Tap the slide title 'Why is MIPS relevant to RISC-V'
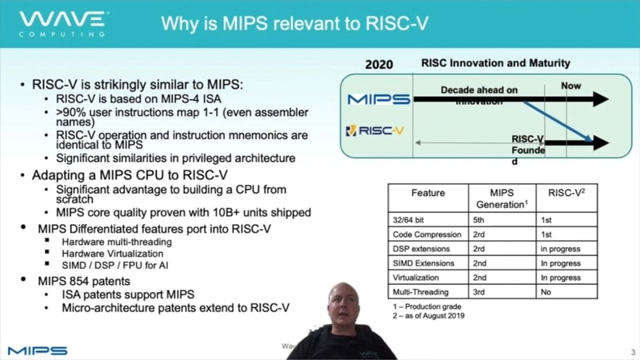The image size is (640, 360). [x=294, y=23]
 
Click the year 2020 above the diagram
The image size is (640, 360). [x=378, y=64]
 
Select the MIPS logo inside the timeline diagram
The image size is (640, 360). [x=378, y=99]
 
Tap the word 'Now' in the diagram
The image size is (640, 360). [x=571, y=86]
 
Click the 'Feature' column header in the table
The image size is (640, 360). [x=428, y=193]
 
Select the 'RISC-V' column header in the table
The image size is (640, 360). [x=567, y=193]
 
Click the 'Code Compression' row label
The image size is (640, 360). [x=427, y=234]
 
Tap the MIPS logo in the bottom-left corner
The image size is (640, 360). [x=38, y=350]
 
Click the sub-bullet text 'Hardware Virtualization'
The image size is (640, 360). [x=116, y=253]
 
